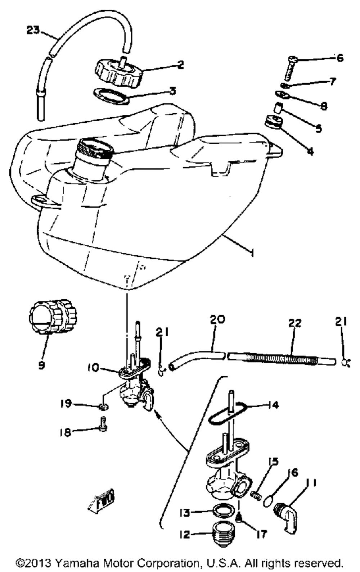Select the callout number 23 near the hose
33,30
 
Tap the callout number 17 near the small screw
262,535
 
